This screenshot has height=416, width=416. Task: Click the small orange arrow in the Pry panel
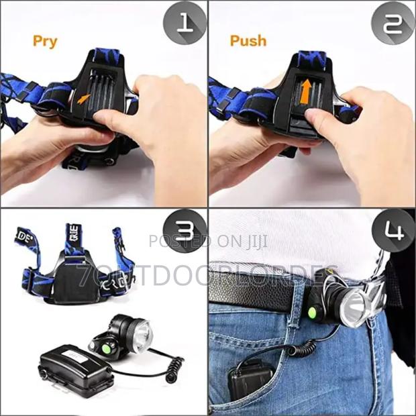click(83, 98)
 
